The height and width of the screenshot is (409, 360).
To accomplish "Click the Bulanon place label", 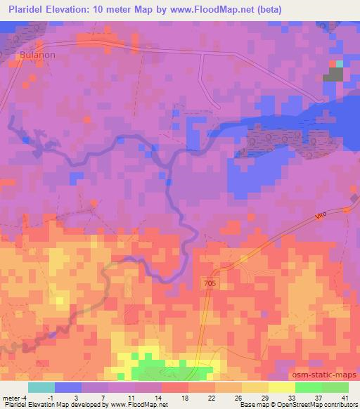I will tap(33, 61).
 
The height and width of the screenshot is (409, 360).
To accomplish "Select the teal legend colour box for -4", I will tap(41, 387).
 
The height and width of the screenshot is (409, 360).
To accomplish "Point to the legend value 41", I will tap(345, 397).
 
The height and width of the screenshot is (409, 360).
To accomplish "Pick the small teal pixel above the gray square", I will tap(340, 64).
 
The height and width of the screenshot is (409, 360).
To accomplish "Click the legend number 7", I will tap(103, 397).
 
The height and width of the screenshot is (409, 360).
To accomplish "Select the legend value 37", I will tap(319, 397).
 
